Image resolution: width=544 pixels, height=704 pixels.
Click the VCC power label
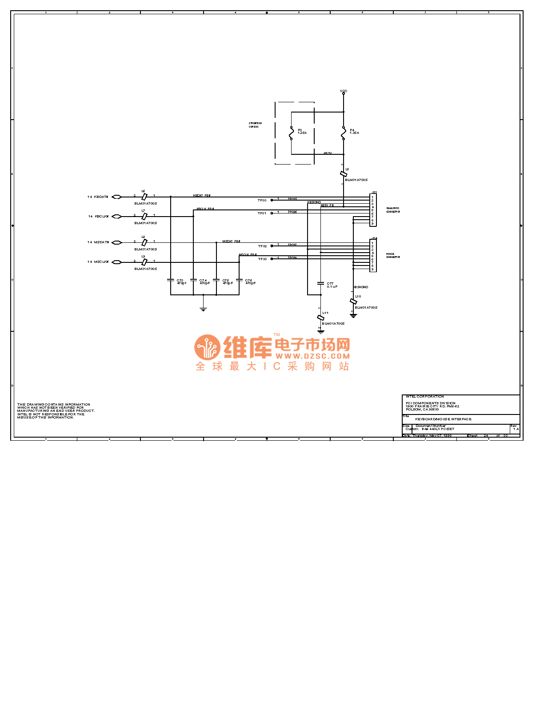coord(344,91)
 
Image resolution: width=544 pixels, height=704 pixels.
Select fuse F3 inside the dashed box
coord(291,133)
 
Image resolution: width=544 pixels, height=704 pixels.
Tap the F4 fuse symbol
coord(344,133)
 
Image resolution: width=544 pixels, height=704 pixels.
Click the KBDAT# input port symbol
coord(116,197)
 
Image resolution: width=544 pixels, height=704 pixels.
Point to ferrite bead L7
coord(144,216)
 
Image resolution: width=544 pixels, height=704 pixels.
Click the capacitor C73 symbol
coord(171,280)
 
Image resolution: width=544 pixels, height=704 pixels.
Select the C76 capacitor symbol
coord(239,280)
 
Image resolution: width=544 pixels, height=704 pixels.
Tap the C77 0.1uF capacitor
coord(320,283)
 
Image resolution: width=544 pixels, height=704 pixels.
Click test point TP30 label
coord(262,201)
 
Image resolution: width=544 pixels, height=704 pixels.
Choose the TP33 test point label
coord(262,259)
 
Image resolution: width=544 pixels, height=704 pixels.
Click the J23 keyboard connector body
coord(373,209)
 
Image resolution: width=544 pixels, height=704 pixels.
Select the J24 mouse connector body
coord(373,255)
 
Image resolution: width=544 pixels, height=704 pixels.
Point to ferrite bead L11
coord(320,318)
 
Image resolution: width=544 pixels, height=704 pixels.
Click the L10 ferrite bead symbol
coord(353,302)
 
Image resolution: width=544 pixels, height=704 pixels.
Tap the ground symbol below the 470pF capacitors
coord(203,309)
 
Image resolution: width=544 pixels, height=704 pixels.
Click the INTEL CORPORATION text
coord(424,396)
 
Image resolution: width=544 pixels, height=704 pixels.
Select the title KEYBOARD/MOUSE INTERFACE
coord(443,419)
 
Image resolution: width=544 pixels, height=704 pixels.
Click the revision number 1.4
coord(516,429)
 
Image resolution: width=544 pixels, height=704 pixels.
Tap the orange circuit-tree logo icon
coord(207,347)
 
